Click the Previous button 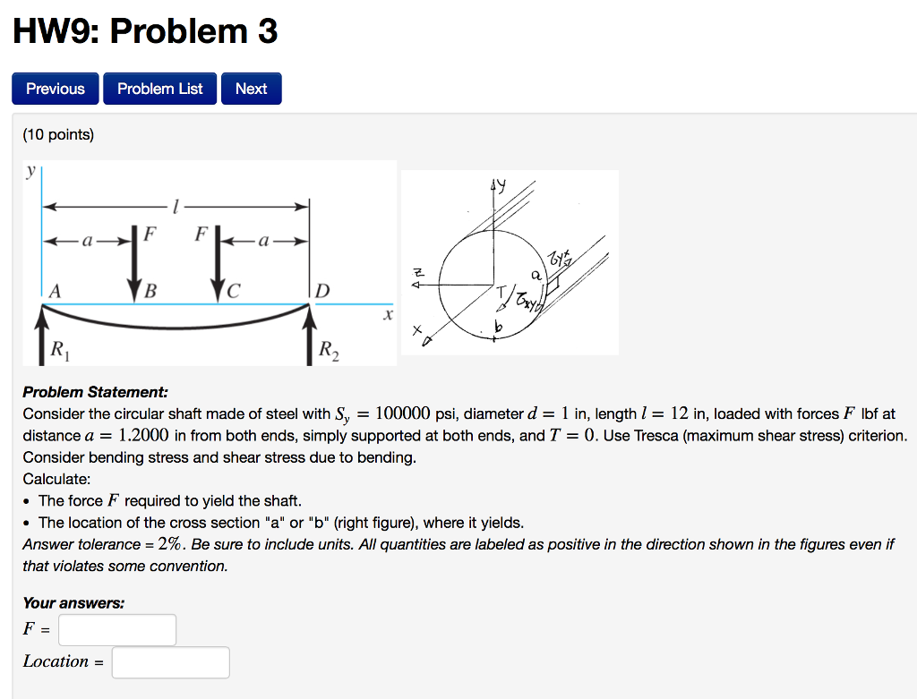tap(56, 89)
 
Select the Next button tap(251, 89)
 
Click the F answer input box tap(117, 630)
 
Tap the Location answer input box tap(170, 662)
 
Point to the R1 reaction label tap(58, 348)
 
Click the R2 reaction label tap(329, 349)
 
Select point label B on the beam tap(150, 291)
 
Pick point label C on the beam tap(235, 291)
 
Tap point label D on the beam tap(322, 291)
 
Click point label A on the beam tap(56, 291)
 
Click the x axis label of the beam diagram tap(387, 315)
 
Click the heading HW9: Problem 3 tap(145, 32)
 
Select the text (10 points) tap(58, 134)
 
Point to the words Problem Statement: tap(95, 392)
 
